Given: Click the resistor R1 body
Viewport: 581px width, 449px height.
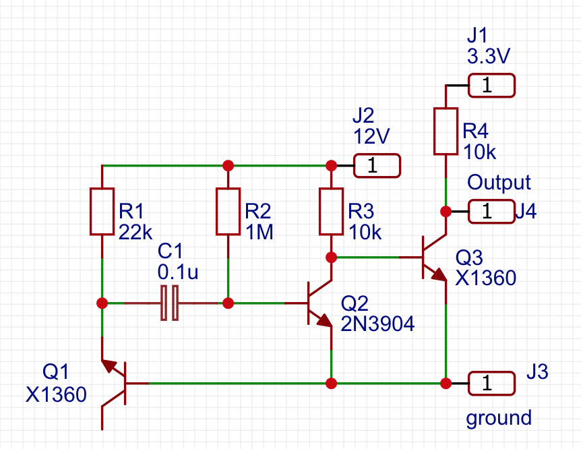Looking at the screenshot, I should point(102,212).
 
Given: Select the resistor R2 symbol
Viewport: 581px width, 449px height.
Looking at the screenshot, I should point(228,212).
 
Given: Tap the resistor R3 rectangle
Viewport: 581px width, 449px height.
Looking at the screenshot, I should point(331,212).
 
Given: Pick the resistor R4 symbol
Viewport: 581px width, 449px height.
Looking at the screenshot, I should point(446,131).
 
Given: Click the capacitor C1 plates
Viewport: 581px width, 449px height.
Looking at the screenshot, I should point(169,303).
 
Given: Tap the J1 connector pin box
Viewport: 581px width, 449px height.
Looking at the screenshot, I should point(491,86).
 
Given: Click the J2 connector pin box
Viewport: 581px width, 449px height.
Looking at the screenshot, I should point(377,165).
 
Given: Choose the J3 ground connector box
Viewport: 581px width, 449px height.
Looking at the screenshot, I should point(491,384).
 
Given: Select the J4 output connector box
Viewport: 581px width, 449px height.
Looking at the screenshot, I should point(491,212).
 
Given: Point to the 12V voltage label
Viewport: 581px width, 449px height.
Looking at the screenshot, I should point(371,136).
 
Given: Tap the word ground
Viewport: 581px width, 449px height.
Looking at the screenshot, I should point(499,418).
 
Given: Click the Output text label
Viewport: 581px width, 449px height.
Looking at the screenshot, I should point(499,182).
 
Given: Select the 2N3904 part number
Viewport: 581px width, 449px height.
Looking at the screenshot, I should point(377,324).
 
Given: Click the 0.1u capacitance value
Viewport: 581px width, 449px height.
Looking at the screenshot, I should point(179,272).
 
